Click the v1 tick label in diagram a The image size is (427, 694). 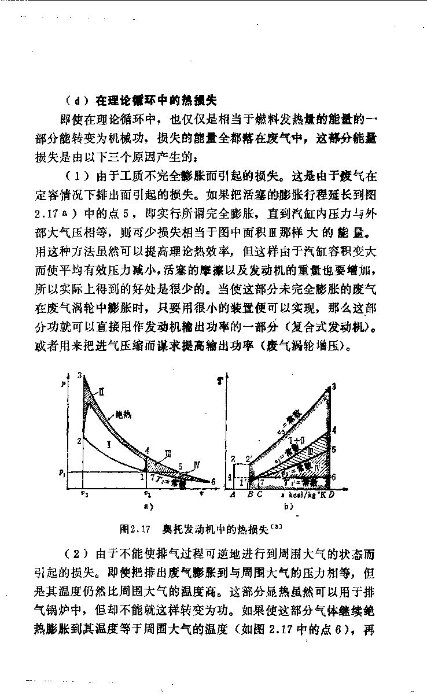click(148, 494)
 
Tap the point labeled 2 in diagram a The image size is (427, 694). click(78, 441)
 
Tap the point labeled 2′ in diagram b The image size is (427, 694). click(249, 460)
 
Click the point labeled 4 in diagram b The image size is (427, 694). click(333, 430)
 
